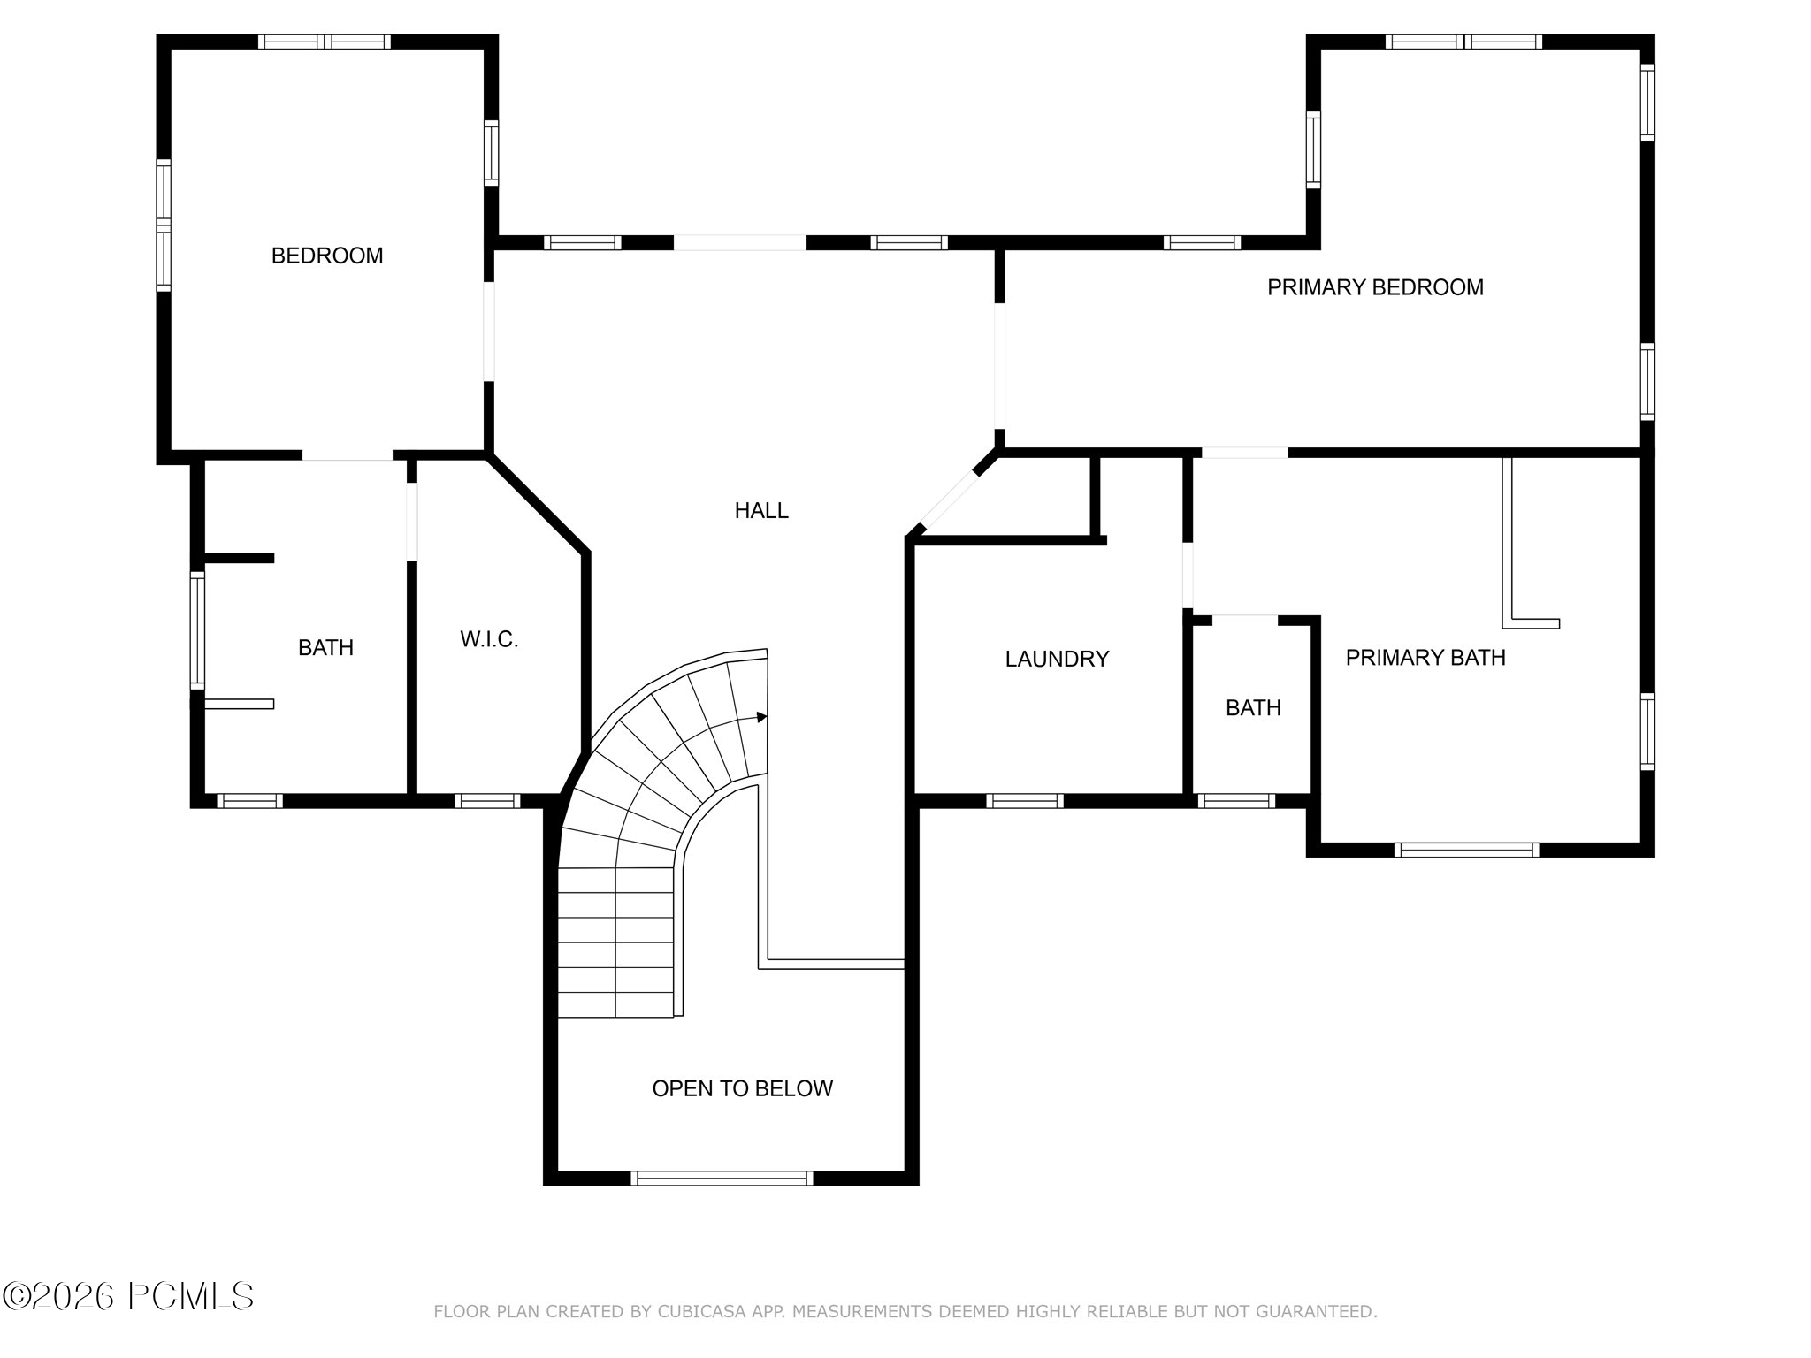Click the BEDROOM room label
click(327, 256)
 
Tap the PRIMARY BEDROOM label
click(1375, 287)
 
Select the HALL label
click(761, 510)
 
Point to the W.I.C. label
click(489, 639)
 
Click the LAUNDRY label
click(1057, 659)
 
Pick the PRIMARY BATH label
click(1425, 657)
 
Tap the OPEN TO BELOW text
click(743, 1088)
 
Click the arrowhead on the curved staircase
click(762, 717)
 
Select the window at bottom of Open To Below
click(722, 1178)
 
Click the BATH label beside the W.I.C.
click(325, 648)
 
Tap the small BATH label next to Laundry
click(1253, 708)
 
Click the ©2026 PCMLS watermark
click(129, 1297)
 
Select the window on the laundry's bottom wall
click(1025, 801)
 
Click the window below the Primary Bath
click(1467, 851)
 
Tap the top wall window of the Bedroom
click(325, 42)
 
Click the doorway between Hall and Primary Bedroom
click(1000, 365)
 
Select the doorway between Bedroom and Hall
click(488, 332)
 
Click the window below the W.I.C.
click(487, 801)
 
